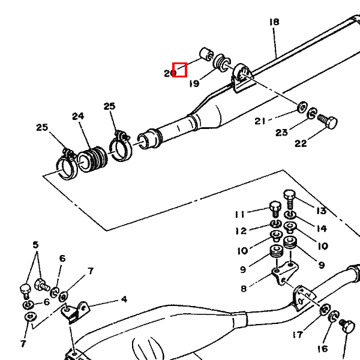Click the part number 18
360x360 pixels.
(274, 22)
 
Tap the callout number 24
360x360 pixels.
(78, 116)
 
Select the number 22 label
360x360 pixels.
(301, 143)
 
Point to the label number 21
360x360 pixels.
(260, 121)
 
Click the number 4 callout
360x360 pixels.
(124, 299)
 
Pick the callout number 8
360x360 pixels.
(244, 289)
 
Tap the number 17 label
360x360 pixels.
(298, 335)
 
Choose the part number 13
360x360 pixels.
(322, 211)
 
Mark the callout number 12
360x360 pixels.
(241, 231)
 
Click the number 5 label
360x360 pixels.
(35, 245)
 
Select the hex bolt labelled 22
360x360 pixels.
(328, 122)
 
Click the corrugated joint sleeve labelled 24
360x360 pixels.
(92, 159)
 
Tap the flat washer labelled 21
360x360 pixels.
(302, 107)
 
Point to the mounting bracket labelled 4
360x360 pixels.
(75, 311)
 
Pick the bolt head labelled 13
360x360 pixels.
(289, 195)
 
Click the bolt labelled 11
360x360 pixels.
(275, 209)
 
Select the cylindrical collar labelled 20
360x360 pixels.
(206, 54)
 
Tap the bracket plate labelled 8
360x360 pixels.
(285, 272)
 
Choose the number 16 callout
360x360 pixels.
(323, 349)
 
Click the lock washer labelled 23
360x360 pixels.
(312, 113)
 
